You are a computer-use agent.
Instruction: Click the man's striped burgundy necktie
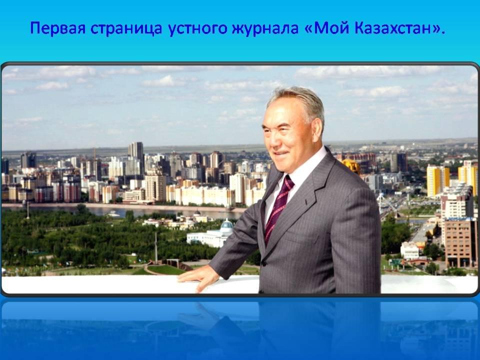point(278,208)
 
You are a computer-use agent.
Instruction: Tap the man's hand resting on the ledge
point(199,277)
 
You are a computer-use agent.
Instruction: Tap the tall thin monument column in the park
point(156,247)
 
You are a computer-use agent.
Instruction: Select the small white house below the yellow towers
point(409,250)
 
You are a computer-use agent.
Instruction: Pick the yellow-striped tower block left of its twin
point(438,180)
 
